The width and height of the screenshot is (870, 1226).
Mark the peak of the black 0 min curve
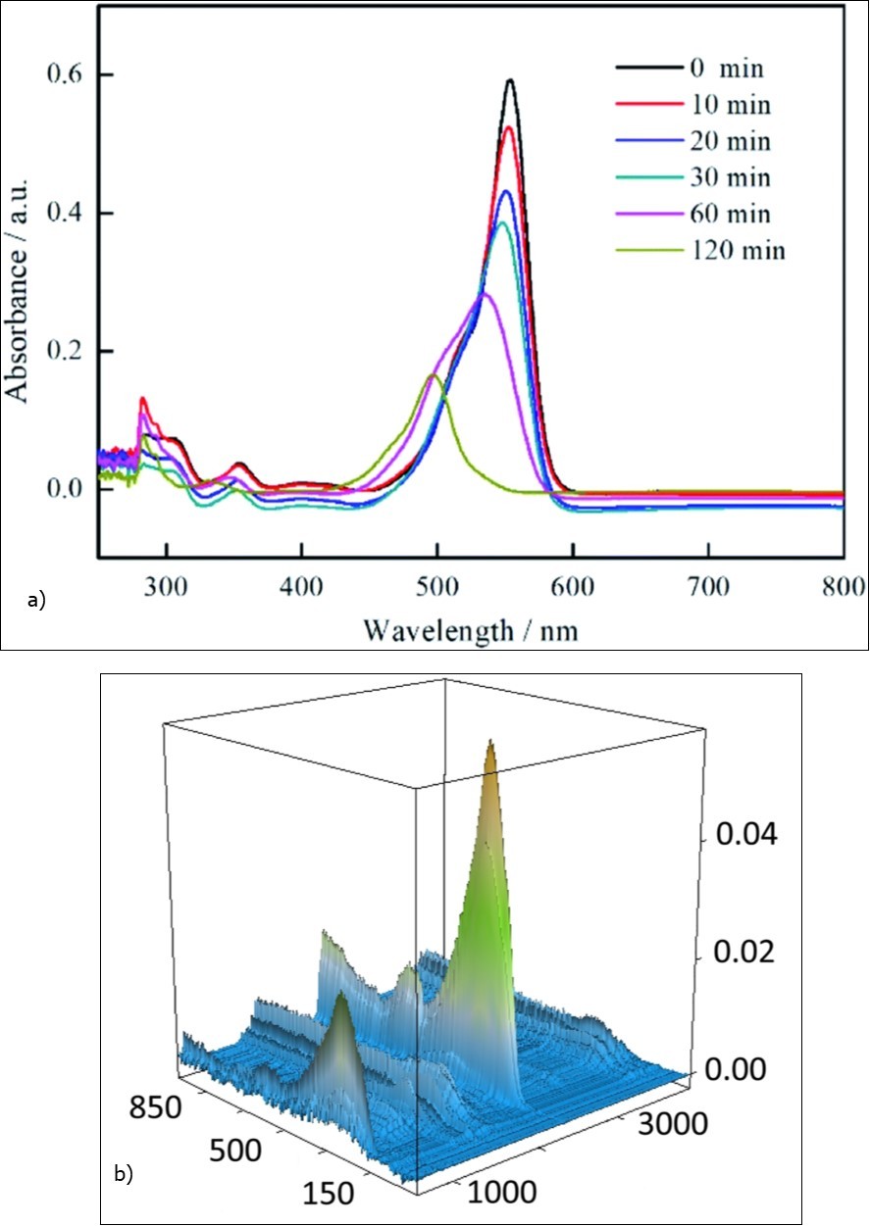coord(510,80)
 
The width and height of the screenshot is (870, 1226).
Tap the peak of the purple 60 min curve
coord(484,292)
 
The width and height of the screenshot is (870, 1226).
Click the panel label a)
coord(37,600)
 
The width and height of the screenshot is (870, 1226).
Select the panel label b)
coord(125,1172)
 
